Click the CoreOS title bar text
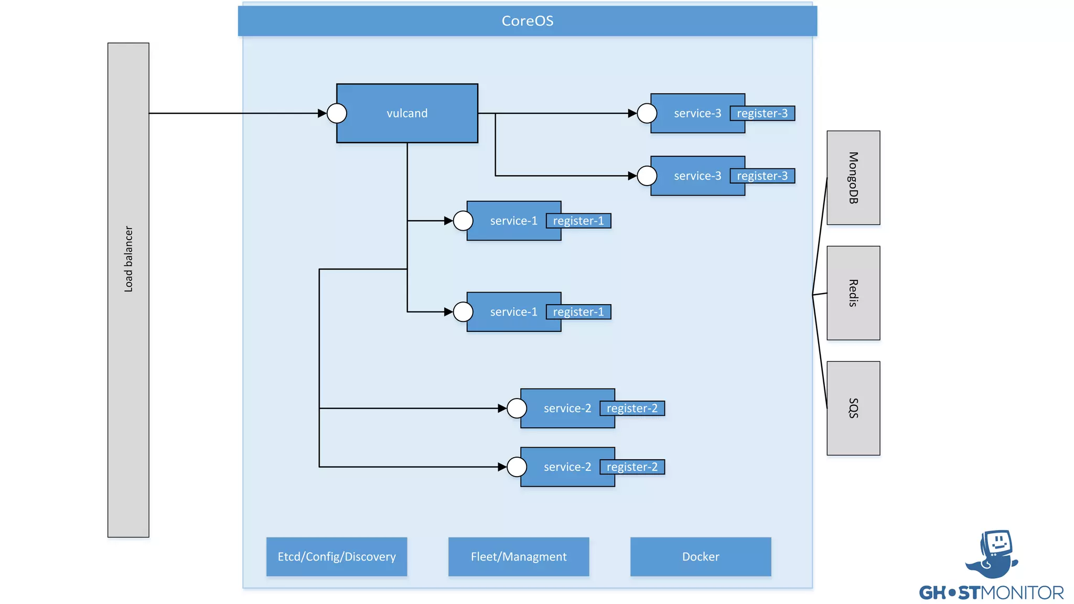(527, 21)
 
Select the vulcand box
(407, 113)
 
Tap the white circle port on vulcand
(337, 113)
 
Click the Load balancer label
(128, 259)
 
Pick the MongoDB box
(853, 178)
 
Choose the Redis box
(853, 293)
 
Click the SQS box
(853, 408)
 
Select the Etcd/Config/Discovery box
(337, 556)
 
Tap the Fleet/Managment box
(519, 556)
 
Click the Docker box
(701, 556)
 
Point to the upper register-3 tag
(762, 113)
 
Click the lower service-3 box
(692, 176)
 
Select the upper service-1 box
(509, 221)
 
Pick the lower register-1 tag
(578, 312)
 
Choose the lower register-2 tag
(632, 467)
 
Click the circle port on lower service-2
(517, 467)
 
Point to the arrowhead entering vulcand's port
(322, 113)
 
